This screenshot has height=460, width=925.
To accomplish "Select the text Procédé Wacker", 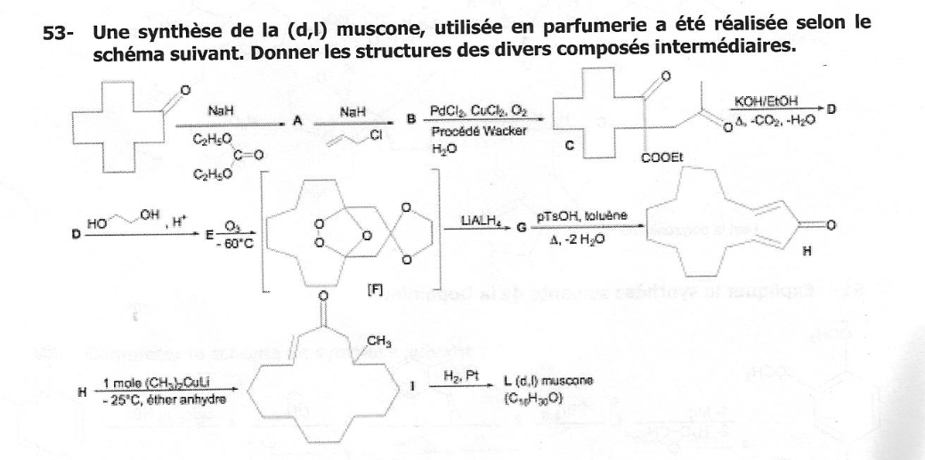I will [471, 131].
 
